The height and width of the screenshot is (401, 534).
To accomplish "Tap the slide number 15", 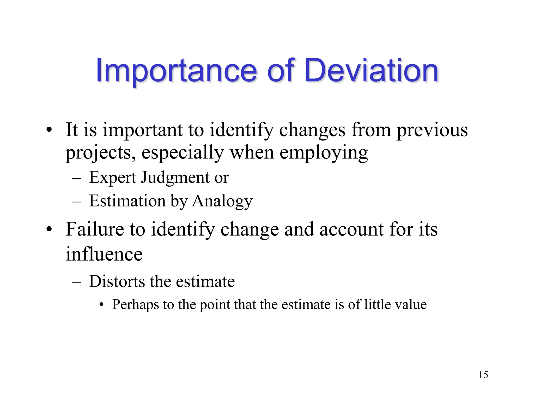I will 483,375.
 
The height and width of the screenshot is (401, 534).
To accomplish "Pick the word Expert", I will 113,178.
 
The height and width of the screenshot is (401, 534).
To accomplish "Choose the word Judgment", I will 175,178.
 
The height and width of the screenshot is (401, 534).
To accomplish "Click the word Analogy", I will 222,201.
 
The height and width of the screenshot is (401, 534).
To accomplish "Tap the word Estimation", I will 128,201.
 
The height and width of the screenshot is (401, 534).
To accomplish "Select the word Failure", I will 95,229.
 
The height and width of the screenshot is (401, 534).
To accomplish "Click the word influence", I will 104,254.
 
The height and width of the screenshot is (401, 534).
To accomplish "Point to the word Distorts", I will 117,281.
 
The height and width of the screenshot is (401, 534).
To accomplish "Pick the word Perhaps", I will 135,305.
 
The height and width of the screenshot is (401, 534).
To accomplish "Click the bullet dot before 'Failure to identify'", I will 49,229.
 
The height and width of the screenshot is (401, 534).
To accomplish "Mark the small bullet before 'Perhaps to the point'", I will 102,305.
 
